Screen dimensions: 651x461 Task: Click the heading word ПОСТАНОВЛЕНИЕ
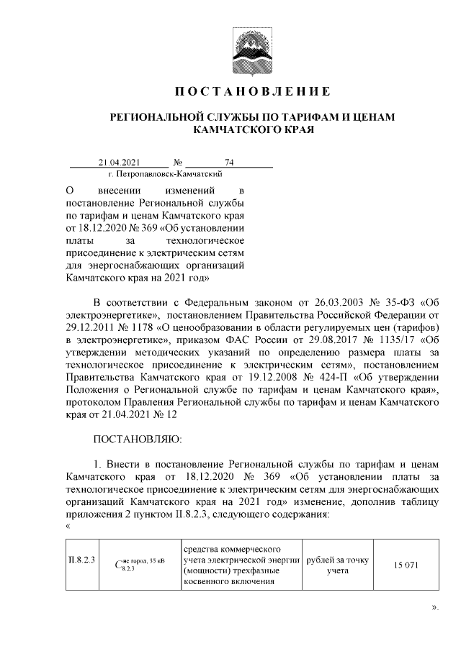point(254,92)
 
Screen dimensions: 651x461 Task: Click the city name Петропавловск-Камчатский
point(164,174)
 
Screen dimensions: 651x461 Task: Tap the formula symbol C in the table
point(119,564)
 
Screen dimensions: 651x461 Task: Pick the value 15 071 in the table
point(406,565)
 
